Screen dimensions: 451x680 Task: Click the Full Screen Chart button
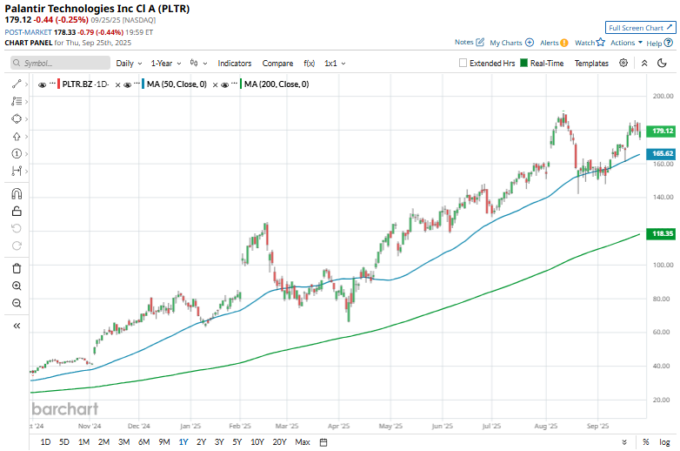[640, 28]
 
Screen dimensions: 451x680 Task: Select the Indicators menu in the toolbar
[234, 64]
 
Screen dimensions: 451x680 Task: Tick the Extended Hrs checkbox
[486, 64]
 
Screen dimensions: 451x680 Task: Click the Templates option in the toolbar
[591, 64]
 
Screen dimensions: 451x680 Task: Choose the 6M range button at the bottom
[143, 441]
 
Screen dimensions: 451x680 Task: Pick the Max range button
[302, 441]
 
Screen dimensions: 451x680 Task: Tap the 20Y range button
[279, 441]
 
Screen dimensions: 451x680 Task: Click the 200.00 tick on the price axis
[663, 97]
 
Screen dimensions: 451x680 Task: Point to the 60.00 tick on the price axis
[662, 333]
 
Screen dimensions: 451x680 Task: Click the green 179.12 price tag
[663, 131]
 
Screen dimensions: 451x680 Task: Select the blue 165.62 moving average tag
[663, 153]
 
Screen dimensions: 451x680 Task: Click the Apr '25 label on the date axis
[338, 427]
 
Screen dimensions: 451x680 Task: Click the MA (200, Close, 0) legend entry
[276, 84]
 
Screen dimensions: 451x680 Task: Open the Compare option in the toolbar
[277, 64]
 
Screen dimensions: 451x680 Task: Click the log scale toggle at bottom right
[664, 441]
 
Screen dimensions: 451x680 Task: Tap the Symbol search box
[61, 64]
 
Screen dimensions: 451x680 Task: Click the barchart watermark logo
[65, 408]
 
